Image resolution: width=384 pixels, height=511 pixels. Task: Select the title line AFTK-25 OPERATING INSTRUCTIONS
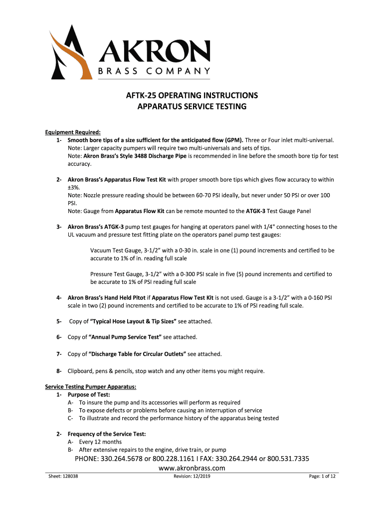pyautogui.click(x=192, y=95)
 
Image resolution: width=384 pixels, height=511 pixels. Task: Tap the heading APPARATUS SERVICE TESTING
pyautogui.click(x=192, y=107)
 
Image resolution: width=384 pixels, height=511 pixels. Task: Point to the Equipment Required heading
pyautogui.click(x=73, y=132)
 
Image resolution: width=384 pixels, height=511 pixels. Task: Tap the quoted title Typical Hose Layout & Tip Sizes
pyautogui.click(x=133, y=321)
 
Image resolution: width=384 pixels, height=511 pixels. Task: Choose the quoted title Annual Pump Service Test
pyautogui.click(x=125, y=337)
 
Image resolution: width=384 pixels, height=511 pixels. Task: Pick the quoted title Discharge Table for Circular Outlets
pyautogui.click(x=137, y=354)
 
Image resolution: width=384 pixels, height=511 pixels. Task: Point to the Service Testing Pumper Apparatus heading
pyautogui.click(x=91, y=387)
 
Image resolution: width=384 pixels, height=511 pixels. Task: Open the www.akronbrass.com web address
pyautogui.click(x=192, y=468)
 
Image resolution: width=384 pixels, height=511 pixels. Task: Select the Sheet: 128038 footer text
pyautogui.click(x=63, y=477)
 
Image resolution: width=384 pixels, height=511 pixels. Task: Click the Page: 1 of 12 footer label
pyautogui.click(x=322, y=477)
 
